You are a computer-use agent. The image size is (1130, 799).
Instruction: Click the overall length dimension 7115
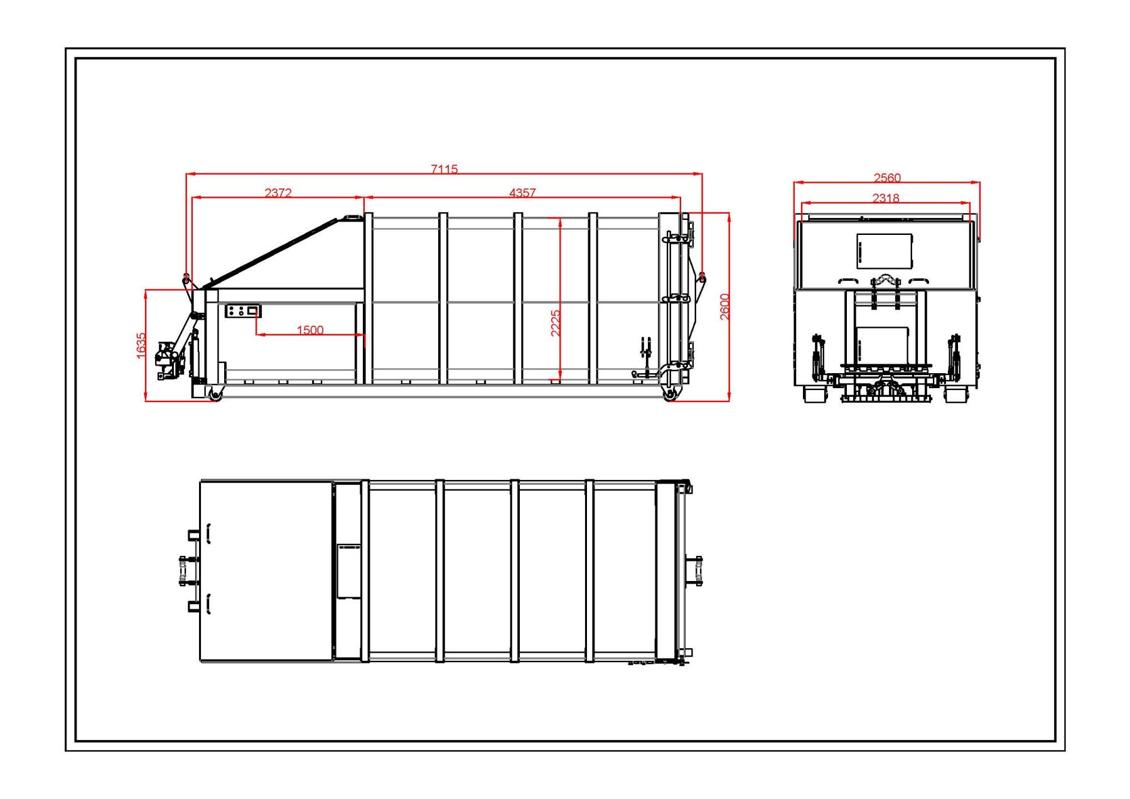(444, 169)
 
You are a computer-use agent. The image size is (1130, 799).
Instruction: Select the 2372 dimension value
(278, 192)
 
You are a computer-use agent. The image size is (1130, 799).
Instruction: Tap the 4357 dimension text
(522, 192)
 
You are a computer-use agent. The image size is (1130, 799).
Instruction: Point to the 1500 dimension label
(310, 330)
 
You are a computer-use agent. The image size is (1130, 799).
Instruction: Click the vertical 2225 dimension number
(556, 323)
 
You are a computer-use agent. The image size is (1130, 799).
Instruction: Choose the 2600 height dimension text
(724, 307)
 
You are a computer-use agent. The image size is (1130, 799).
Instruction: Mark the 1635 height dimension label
(141, 345)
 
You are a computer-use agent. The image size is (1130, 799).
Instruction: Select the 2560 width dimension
(887, 178)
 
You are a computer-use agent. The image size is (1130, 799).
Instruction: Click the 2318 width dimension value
(886, 198)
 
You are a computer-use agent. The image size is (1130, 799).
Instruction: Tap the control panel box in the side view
(243, 310)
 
